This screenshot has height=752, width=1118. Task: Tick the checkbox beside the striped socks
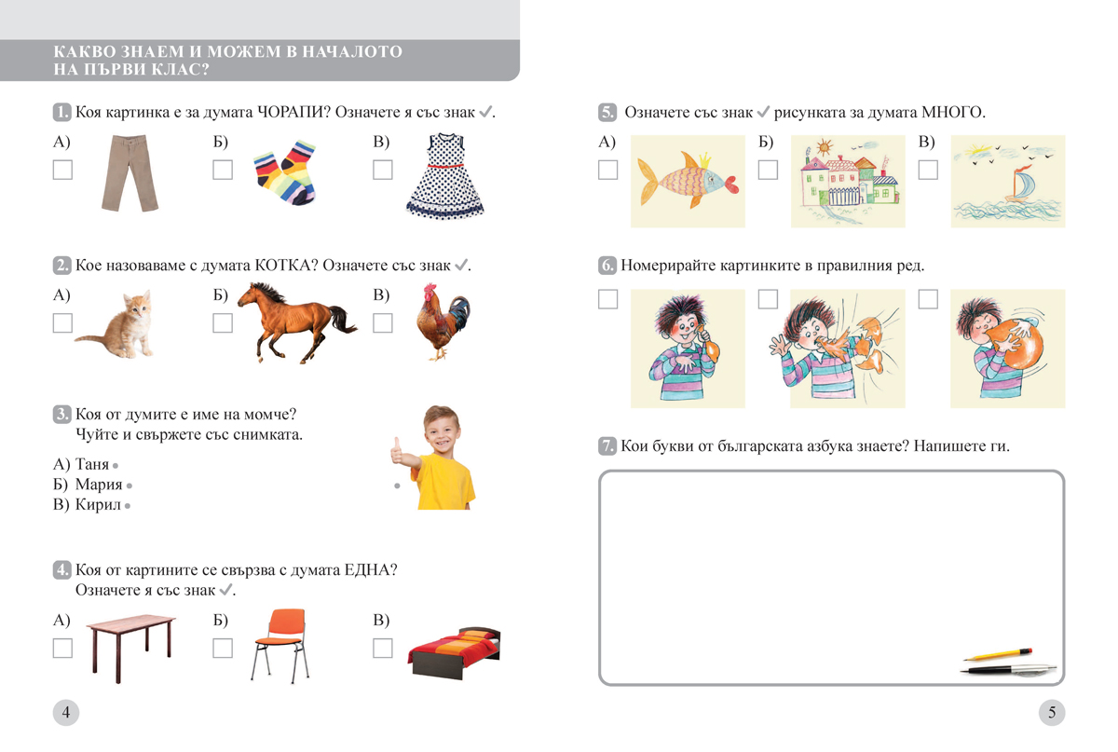[223, 170]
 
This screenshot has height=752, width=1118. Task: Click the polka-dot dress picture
[445, 176]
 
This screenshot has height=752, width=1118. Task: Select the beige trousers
[130, 172]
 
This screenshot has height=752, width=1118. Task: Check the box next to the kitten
[62, 323]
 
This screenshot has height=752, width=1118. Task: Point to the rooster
[443, 321]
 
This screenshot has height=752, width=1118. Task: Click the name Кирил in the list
[98, 504]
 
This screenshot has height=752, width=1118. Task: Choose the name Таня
[92, 464]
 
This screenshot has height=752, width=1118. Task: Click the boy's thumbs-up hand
[397, 451]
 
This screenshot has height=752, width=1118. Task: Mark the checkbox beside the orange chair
[223, 649]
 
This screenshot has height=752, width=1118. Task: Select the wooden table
[131, 649]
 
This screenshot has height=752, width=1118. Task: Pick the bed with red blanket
[455, 652]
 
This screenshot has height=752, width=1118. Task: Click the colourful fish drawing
[688, 181]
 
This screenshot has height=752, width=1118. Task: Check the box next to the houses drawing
[768, 170]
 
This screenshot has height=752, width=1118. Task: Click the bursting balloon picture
[848, 349]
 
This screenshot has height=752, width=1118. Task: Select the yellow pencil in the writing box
[998, 655]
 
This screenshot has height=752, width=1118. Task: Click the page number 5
[1052, 713]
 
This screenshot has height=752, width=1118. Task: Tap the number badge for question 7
[607, 445]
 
